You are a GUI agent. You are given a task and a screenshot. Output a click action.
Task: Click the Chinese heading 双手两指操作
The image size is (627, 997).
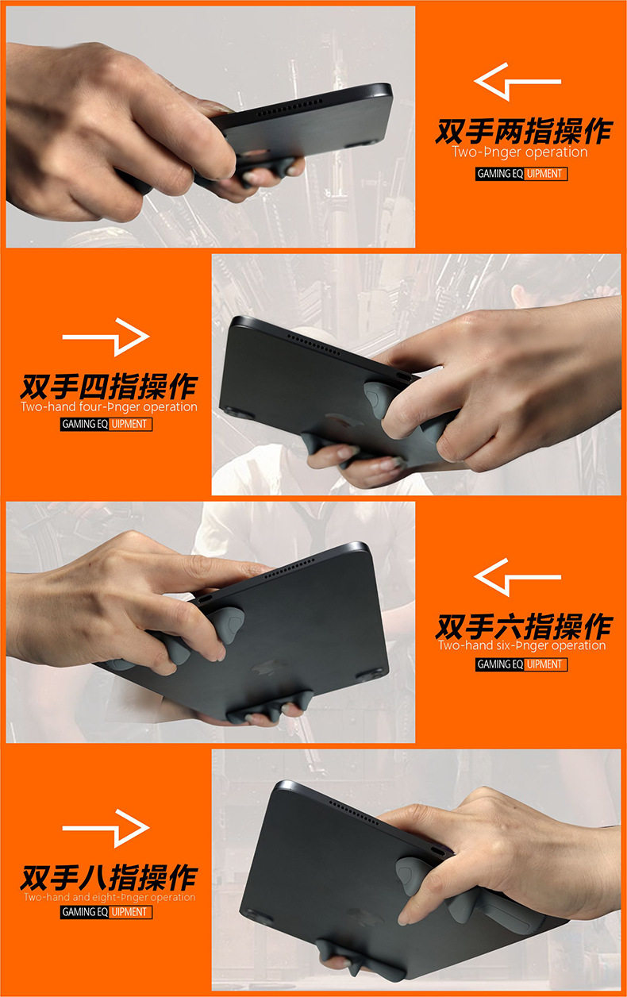tap(524, 131)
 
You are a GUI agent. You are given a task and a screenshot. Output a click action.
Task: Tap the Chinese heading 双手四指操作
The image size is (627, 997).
tap(109, 387)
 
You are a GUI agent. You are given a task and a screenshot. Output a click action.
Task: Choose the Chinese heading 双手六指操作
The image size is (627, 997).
tap(524, 626)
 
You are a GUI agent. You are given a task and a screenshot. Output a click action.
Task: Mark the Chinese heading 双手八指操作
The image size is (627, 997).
tap(109, 878)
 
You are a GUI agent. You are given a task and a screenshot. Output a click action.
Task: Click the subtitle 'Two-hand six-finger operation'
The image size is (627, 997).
tap(522, 646)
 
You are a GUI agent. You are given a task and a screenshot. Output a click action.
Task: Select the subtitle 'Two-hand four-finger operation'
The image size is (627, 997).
tap(109, 406)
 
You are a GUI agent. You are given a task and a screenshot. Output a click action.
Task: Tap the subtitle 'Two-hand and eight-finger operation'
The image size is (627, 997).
tap(110, 897)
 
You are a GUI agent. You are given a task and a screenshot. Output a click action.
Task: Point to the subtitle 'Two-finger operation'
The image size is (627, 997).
tap(520, 152)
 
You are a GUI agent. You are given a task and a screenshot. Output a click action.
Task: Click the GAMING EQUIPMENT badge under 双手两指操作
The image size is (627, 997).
tap(521, 174)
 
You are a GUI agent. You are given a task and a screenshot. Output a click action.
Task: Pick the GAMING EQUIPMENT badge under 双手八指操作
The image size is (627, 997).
tap(106, 912)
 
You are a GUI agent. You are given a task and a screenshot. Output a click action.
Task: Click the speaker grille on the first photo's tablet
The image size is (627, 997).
tap(289, 108)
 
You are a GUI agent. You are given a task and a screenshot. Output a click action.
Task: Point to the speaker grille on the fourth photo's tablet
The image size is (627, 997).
tap(353, 811)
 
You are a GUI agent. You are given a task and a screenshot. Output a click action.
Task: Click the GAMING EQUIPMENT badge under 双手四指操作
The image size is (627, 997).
tap(106, 424)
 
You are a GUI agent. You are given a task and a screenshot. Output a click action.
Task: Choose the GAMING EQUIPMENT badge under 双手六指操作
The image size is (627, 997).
tap(521, 664)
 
